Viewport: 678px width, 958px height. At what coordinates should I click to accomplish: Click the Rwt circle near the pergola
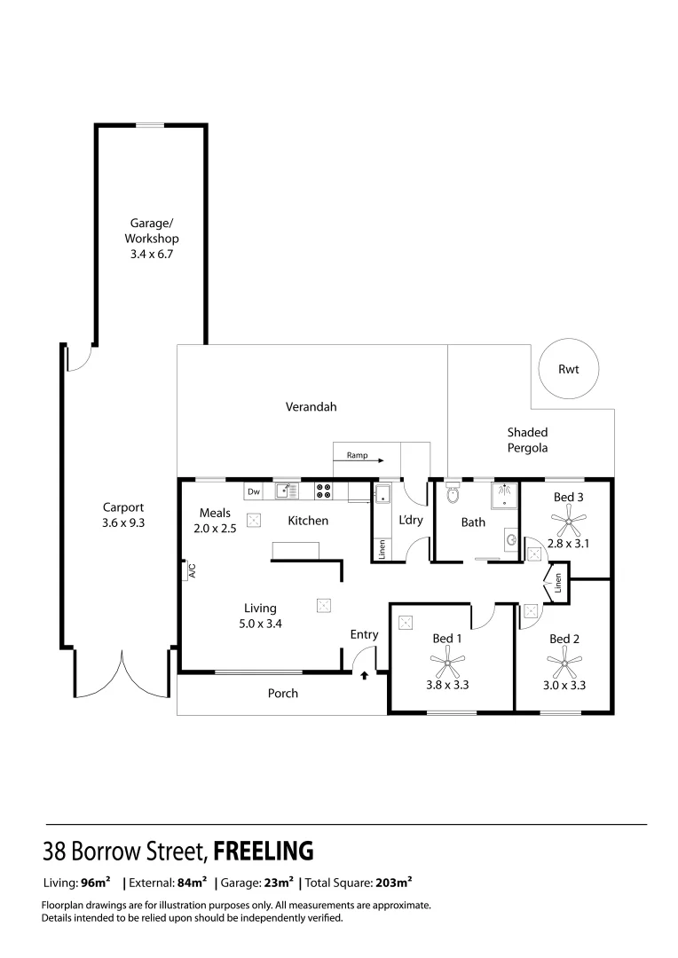click(x=568, y=369)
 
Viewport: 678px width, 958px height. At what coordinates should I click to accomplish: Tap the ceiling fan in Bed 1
click(x=447, y=659)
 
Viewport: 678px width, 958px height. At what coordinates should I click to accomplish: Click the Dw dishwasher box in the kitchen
click(x=254, y=491)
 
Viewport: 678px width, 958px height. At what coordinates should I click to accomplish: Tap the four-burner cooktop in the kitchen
click(x=323, y=491)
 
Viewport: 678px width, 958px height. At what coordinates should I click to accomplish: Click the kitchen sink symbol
click(x=287, y=490)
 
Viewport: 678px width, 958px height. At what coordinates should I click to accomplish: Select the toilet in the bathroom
click(x=452, y=493)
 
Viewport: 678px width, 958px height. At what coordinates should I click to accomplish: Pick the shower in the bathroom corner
click(x=505, y=493)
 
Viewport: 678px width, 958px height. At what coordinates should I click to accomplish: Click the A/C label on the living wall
click(x=190, y=572)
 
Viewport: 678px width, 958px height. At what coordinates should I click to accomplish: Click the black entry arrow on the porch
click(x=364, y=676)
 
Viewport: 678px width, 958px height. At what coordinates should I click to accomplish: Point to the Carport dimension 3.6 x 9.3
click(x=123, y=522)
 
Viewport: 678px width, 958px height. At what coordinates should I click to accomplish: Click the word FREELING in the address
click(x=264, y=852)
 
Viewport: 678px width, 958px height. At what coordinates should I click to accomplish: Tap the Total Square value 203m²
click(x=391, y=883)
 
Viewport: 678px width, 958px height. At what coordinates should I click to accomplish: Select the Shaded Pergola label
click(x=527, y=440)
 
